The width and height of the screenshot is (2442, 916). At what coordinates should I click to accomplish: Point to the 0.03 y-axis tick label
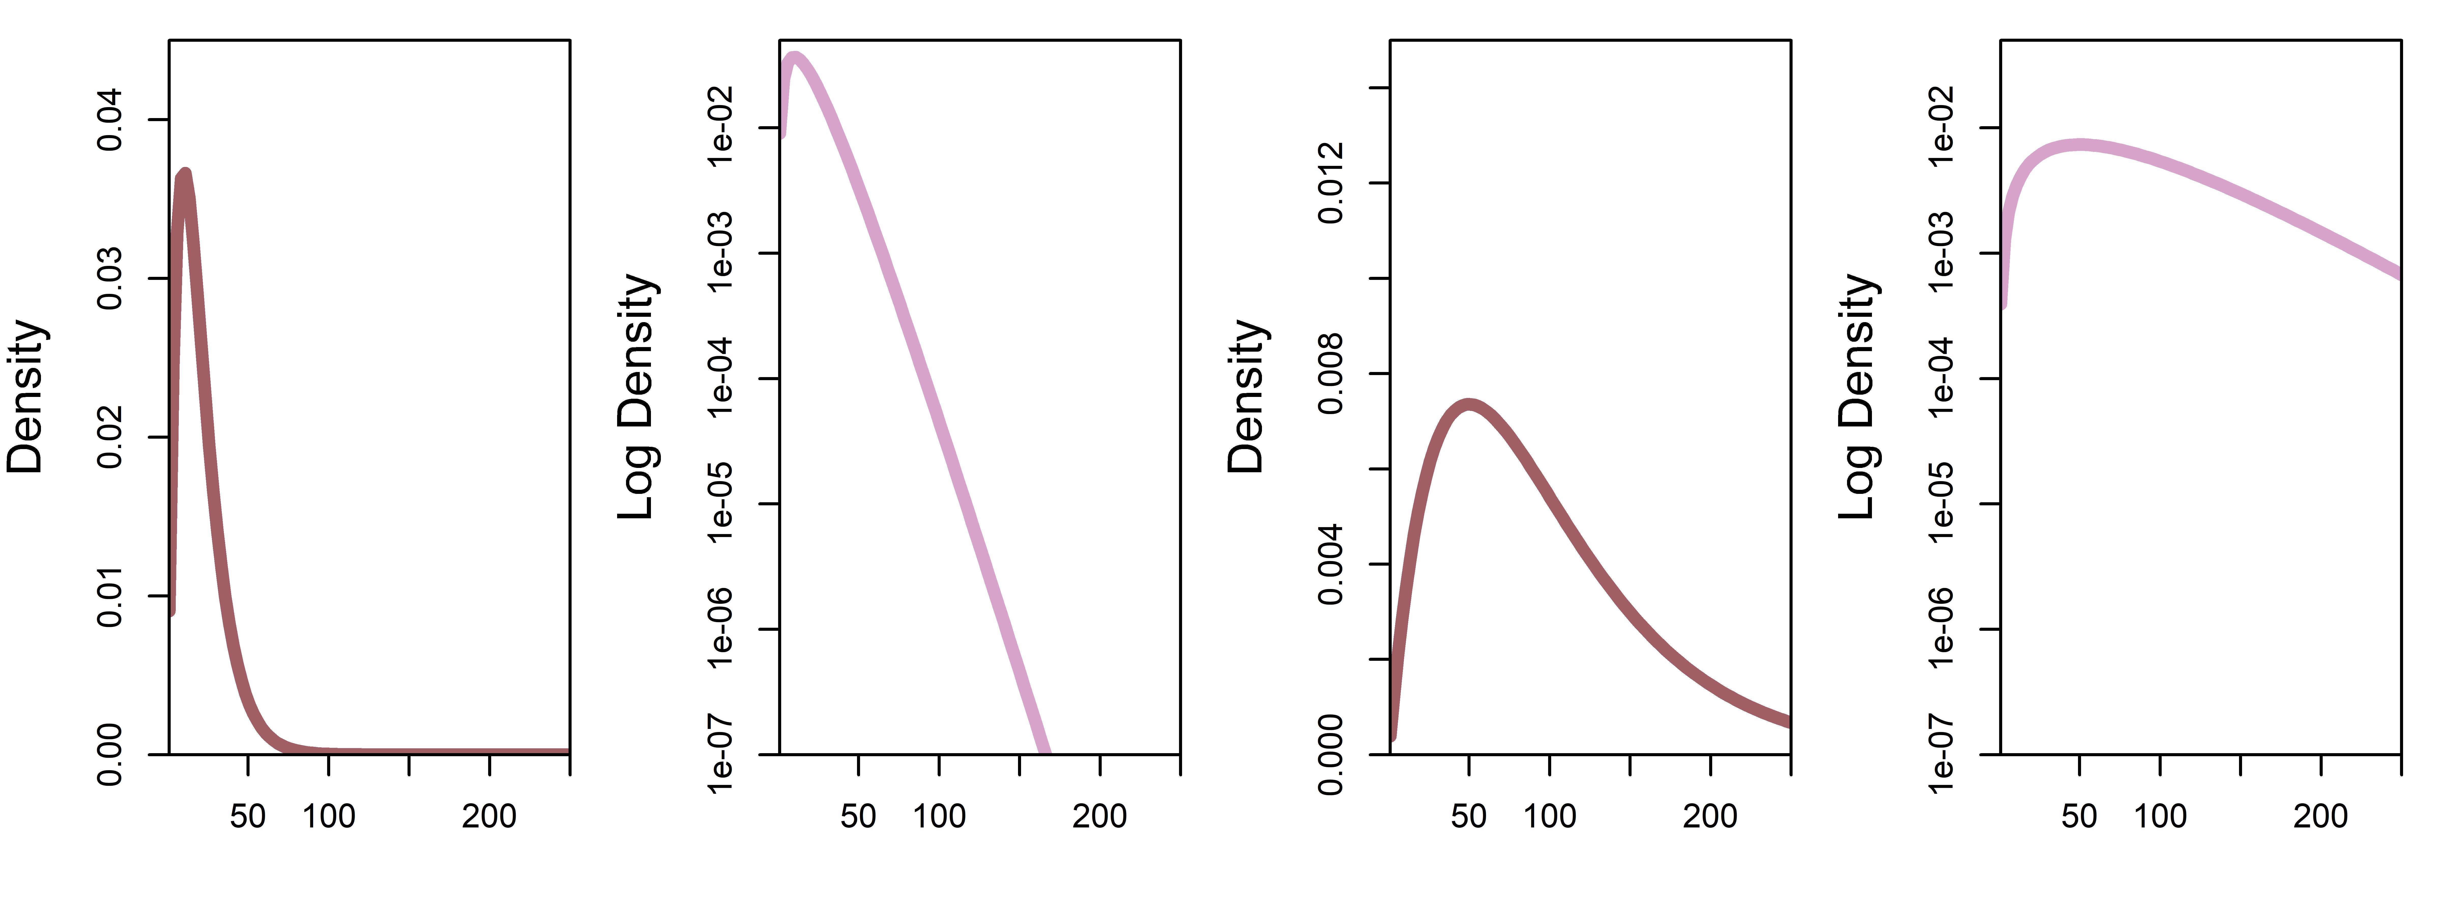(110, 279)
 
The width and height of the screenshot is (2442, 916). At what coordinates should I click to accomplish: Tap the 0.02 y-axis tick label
(110, 437)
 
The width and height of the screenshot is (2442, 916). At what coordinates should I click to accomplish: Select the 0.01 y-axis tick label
(110, 596)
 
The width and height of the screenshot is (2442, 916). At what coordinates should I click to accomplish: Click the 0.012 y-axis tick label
(1331, 183)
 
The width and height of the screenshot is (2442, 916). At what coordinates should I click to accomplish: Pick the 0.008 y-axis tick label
(1331, 374)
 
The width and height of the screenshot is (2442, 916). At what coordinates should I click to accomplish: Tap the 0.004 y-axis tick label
(1331, 564)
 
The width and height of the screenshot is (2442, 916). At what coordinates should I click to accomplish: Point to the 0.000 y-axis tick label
(1331, 755)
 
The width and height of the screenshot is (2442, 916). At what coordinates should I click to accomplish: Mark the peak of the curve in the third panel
(1469, 405)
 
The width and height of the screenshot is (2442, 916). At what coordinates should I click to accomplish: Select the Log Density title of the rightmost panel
(1858, 396)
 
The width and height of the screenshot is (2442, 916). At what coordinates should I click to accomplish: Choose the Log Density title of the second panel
(637, 396)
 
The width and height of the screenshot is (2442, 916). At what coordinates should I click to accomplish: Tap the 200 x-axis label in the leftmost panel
(489, 817)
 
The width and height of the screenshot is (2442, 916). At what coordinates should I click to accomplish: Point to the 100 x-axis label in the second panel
(939, 817)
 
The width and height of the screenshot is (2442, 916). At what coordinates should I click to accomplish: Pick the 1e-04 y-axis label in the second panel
(720, 378)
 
